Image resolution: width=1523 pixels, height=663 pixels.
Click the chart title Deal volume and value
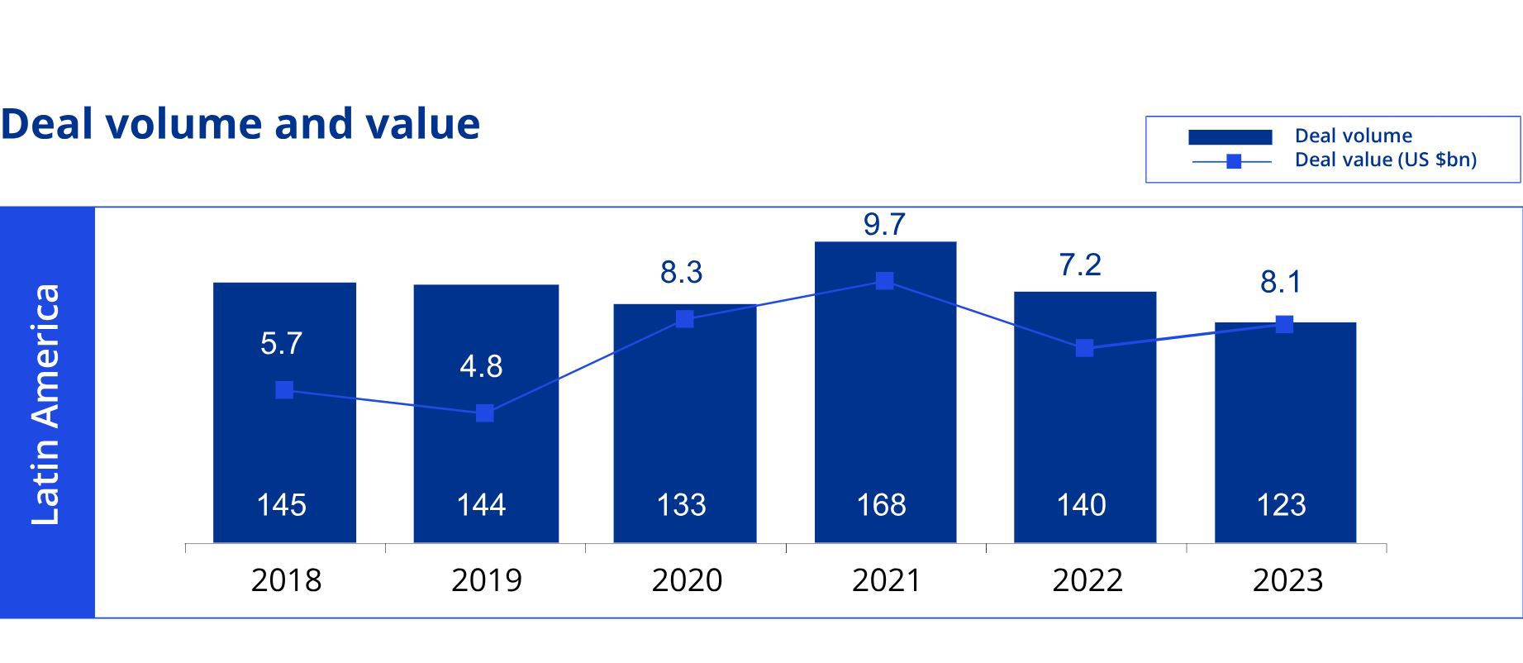pyautogui.click(x=240, y=124)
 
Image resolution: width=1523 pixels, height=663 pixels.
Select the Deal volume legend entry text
pyautogui.click(x=1353, y=136)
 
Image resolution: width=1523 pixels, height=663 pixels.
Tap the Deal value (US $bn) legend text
pyautogui.click(x=1385, y=160)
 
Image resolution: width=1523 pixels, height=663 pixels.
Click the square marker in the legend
pyautogui.click(x=1233, y=161)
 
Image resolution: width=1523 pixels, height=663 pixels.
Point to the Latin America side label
pyautogui.click(x=46, y=404)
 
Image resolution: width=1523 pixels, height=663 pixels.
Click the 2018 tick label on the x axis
pyautogui.click(x=286, y=580)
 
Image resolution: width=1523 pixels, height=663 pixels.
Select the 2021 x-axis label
pyautogui.click(x=887, y=580)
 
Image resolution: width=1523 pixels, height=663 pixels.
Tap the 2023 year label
pyautogui.click(x=1287, y=580)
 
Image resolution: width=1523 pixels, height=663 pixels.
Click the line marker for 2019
pyautogui.click(x=485, y=413)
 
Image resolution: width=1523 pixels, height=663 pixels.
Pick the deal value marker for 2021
pyautogui.click(x=884, y=281)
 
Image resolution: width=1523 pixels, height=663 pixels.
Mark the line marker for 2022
pyautogui.click(x=1084, y=348)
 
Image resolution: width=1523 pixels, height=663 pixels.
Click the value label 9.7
pyautogui.click(x=884, y=225)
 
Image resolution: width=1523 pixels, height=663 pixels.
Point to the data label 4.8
pyautogui.click(x=481, y=366)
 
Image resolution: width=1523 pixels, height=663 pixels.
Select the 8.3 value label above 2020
pyautogui.click(x=681, y=272)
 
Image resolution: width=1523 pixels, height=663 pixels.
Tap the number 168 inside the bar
pyautogui.click(x=881, y=504)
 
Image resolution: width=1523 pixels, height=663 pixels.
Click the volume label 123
pyautogui.click(x=1281, y=504)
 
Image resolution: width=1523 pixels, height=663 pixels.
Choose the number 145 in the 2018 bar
pyautogui.click(x=281, y=504)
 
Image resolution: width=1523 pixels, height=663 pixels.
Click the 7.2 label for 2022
pyautogui.click(x=1080, y=265)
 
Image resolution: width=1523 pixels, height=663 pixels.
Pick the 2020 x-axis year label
pyautogui.click(x=687, y=580)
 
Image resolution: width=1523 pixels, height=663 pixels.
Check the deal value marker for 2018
pyautogui.click(x=284, y=389)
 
